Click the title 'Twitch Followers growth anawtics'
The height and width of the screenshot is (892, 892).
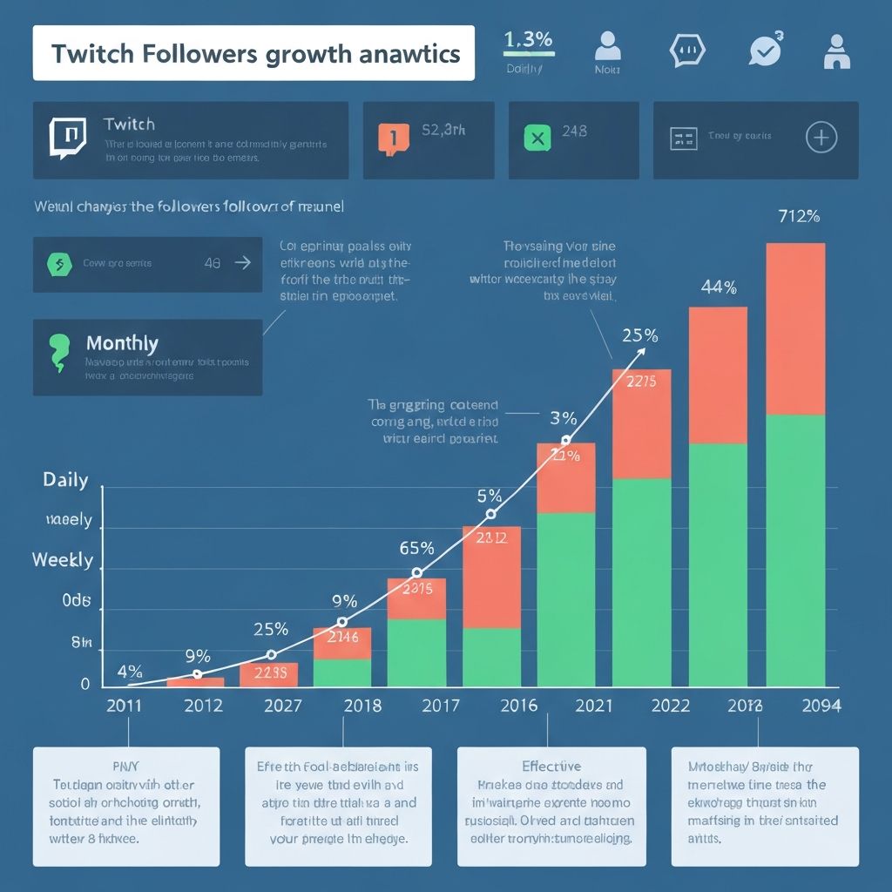pyautogui.click(x=254, y=53)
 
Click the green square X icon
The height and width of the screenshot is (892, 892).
pyautogui.click(x=537, y=138)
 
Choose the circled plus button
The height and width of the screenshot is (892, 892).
pyautogui.click(x=821, y=138)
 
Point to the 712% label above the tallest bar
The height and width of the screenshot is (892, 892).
pyautogui.click(x=798, y=216)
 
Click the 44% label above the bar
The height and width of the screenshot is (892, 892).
pyautogui.click(x=719, y=287)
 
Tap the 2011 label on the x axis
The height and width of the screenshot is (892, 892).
pyautogui.click(x=123, y=706)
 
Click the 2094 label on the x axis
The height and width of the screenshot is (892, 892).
pyautogui.click(x=820, y=706)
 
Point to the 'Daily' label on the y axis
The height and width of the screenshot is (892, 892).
pyautogui.click(x=66, y=480)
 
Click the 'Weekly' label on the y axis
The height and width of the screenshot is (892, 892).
pyautogui.click(x=63, y=559)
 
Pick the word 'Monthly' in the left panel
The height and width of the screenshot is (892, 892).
pyautogui.click(x=122, y=343)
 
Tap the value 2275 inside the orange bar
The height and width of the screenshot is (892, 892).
pyautogui.click(x=641, y=381)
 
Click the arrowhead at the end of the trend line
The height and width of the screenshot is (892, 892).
pyautogui.click(x=643, y=349)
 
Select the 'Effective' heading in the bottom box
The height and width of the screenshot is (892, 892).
pyautogui.click(x=551, y=767)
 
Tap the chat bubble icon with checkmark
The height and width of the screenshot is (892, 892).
pyautogui.click(x=765, y=50)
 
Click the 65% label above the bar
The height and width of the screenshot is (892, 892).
pyautogui.click(x=416, y=548)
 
